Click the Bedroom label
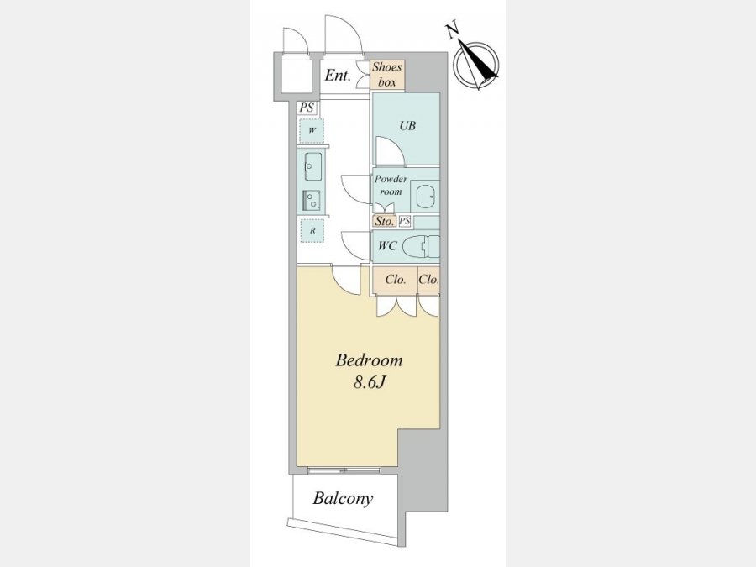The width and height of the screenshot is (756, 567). pos(369,360)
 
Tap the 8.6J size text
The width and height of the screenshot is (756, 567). pos(370,382)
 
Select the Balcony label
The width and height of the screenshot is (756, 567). pos(343,498)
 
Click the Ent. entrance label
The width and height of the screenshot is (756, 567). pos(337,76)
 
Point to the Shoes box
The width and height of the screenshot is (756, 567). pos(387,75)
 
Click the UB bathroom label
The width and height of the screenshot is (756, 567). pos(407,126)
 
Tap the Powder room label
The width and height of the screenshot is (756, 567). pos(391,185)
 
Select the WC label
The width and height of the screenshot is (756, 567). pos(387,246)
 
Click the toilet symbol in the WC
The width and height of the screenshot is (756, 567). pos(421,247)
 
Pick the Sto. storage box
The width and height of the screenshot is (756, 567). pos(384,221)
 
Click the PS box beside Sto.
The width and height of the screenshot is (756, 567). pos(405,221)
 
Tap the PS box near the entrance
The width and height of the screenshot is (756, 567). pos(307,108)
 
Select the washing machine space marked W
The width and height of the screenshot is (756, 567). pos(312,131)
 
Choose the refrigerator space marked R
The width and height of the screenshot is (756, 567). pos(312,231)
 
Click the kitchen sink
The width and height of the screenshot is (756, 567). pos(313,167)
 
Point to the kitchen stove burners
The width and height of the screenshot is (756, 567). pos(312,200)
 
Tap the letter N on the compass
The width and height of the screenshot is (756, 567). pos(452,31)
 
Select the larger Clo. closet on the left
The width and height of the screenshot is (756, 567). pos(395,280)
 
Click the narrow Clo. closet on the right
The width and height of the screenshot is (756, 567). pos(428,280)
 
